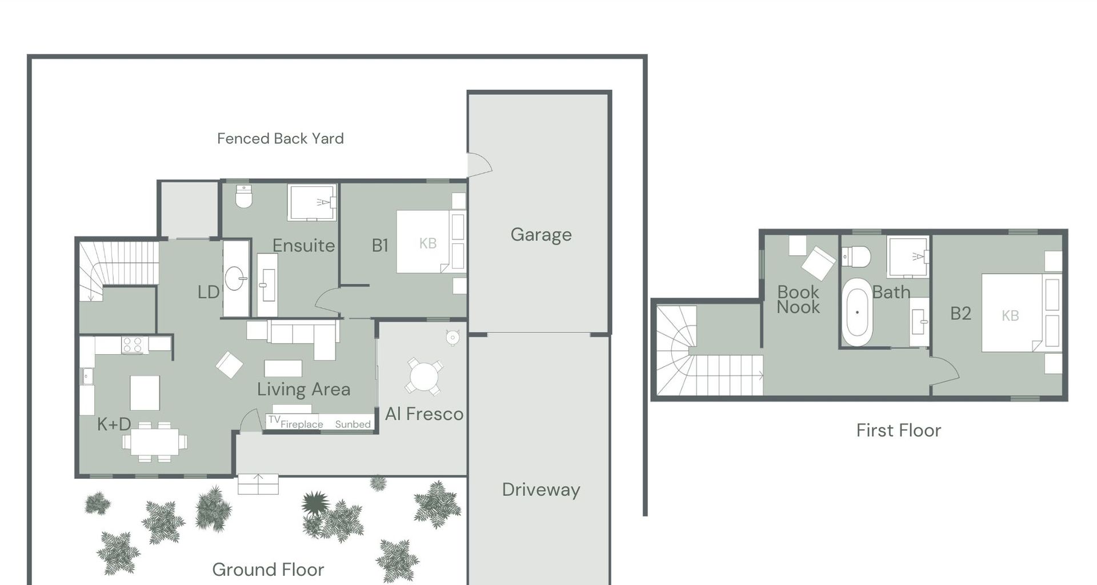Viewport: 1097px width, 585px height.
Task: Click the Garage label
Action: (x=541, y=235)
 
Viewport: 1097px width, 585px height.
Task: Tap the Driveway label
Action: (x=541, y=490)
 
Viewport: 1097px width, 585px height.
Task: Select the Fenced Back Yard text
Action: (x=280, y=139)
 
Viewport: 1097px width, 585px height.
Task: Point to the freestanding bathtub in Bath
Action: (x=857, y=312)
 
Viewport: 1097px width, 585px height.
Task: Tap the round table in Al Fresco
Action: (x=423, y=377)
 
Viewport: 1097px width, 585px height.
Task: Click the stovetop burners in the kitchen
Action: (x=133, y=344)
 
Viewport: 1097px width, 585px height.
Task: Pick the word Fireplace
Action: (x=302, y=424)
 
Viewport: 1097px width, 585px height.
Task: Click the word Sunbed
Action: (x=353, y=424)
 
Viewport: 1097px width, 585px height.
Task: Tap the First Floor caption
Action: (x=898, y=430)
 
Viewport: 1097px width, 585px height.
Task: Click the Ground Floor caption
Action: (x=268, y=569)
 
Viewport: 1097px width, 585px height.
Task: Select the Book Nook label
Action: (x=798, y=299)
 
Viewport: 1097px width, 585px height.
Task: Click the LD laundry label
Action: (x=209, y=292)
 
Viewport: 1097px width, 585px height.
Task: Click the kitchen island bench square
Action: (x=145, y=392)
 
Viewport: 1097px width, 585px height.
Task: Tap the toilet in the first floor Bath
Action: (x=857, y=257)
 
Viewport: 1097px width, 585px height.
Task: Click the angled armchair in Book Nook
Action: (x=818, y=263)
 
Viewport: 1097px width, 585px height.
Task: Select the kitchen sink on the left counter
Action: (x=87, y=376)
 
